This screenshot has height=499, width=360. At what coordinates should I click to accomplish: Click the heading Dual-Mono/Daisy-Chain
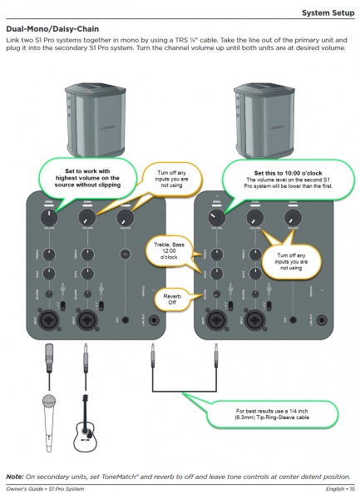pyautogui.click(x=52, y=28)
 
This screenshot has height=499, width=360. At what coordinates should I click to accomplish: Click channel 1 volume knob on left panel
pyautogui.click(x=48, y=217)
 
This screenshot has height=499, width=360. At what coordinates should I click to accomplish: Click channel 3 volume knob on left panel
pyautogui.click(x=126, y=217)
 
